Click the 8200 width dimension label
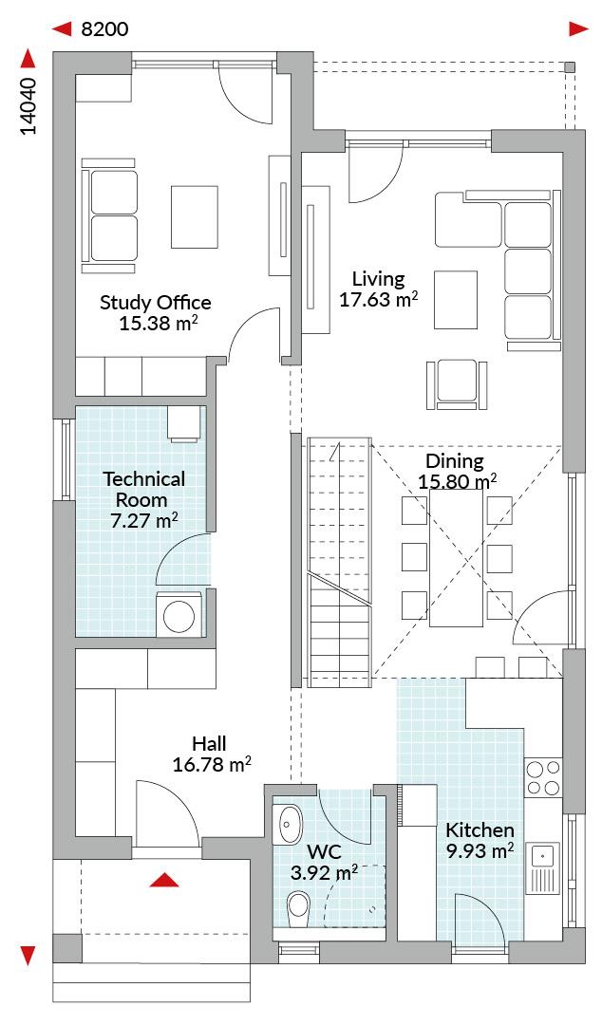104,29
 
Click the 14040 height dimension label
28,107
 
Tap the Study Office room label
156,303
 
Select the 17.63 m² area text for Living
379,299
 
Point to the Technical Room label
144,489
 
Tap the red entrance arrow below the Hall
164,880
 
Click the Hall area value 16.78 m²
212,764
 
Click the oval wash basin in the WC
290,824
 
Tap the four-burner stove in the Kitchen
544,777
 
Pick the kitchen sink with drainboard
543,867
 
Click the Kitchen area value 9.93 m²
480,851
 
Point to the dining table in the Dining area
457,558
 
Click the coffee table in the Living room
456,299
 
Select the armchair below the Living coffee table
458,384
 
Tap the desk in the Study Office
195,217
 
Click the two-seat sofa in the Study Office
109,215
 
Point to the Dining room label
454,460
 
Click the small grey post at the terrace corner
570,66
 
